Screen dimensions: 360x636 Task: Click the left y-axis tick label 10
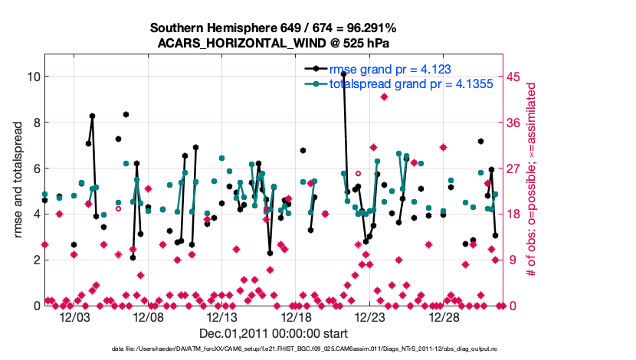coord(34,77)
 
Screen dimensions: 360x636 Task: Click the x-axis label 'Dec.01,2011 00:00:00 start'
coord(273,333)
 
